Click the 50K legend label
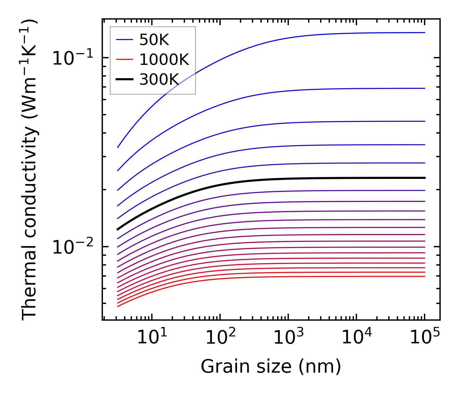pos(154,40)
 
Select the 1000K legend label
pos(164,60)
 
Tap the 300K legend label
pos(159,80)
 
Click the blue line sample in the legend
pos(125,40)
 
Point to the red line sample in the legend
pos(125,60)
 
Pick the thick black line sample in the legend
pos(125,79)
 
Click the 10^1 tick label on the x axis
pos(152,338)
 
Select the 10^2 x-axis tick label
pos(220,338)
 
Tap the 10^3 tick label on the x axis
pos(289,338)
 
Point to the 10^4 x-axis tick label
pos(357,338)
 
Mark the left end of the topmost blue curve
pos(118,147)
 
